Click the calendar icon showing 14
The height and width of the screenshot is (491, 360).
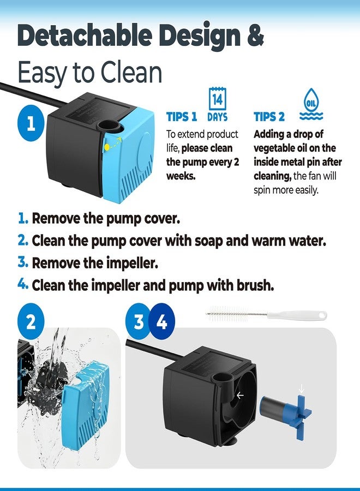pyautogui.click(x=217, y=99)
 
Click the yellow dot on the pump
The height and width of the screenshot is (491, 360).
pyautogui.click(x=107, y=147)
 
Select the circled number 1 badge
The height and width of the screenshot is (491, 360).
pyautogui.click(x=31, y=123)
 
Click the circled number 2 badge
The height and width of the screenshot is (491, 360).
pyautogui.click(x=31, y=321)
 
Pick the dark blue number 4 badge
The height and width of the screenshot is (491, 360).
pyautogui.click(x=161, y=321)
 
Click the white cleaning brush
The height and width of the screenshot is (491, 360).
pyautogui.click(x=266, y=314)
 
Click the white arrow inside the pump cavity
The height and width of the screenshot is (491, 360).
pyautogui.click(x=240, y=396)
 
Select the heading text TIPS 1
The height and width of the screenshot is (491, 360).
pyautogui.click(x=182, y=117)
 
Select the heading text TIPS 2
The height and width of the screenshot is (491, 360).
pyautogui.click(x=269, y=117)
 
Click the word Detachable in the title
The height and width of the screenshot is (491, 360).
pyautogui.click(x=85, y=35)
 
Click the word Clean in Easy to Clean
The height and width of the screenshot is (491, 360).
pyautogui.click(x=131, y=71)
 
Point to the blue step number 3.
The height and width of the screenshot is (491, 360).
pyautogui.click(x=22, y=262)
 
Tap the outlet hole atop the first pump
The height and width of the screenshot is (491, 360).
pyautogui.click(x=109, y=125)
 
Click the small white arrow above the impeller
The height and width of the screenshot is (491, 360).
pyautogui.click(x=301, y=389)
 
